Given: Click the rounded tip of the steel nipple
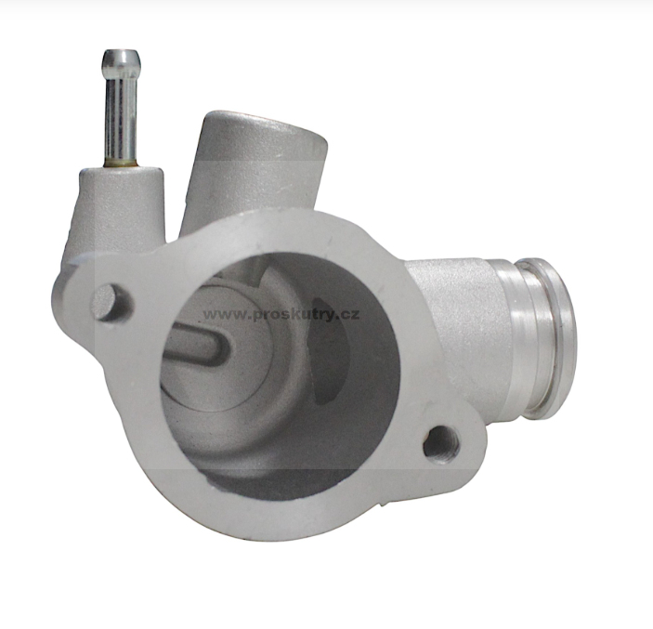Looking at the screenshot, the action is coord(121,59).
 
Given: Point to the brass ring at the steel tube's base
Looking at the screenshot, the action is coord(121,163).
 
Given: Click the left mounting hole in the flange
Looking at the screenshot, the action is coord(109,303).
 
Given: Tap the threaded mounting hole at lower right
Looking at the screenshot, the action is coord(441,446).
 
